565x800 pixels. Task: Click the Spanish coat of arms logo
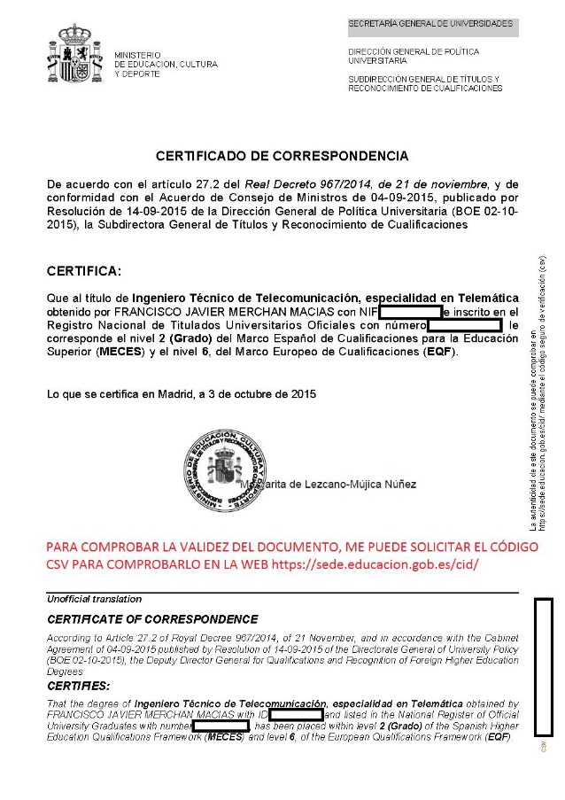tap(74, 55)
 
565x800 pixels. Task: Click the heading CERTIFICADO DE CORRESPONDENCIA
tap(282, 156)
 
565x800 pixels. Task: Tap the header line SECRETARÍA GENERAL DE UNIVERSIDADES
tap(430, 22)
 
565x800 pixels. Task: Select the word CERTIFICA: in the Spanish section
tap(84, 269)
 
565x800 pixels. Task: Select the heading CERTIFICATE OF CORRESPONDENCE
tap(152, 619)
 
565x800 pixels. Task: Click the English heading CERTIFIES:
tap(78, 686)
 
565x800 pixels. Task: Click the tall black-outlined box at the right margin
tap(543, 666)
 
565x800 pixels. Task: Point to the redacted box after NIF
tap(410, 313)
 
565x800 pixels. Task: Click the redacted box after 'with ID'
tap(295, 714)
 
